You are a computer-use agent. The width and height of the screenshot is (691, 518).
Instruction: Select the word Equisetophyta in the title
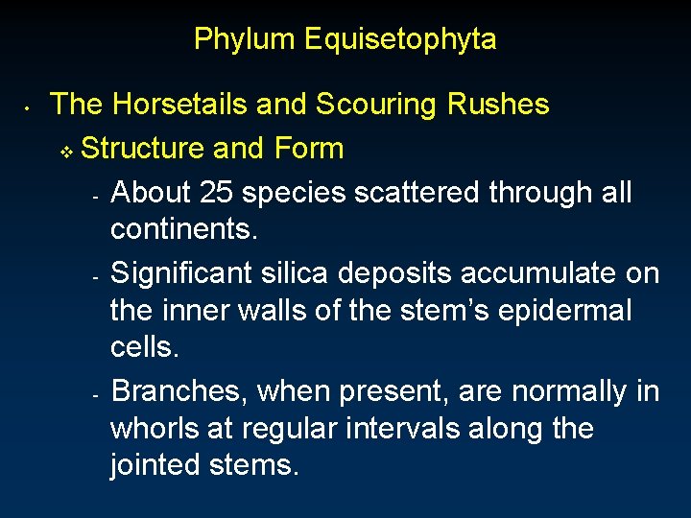(400, 39)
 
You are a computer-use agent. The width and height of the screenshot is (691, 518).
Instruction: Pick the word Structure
(144, 149)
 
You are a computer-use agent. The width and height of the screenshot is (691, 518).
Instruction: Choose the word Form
(308, 149)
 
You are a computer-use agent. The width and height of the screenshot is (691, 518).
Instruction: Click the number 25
(216, 193)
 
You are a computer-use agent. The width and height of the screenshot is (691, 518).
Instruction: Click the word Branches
(178, 392)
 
